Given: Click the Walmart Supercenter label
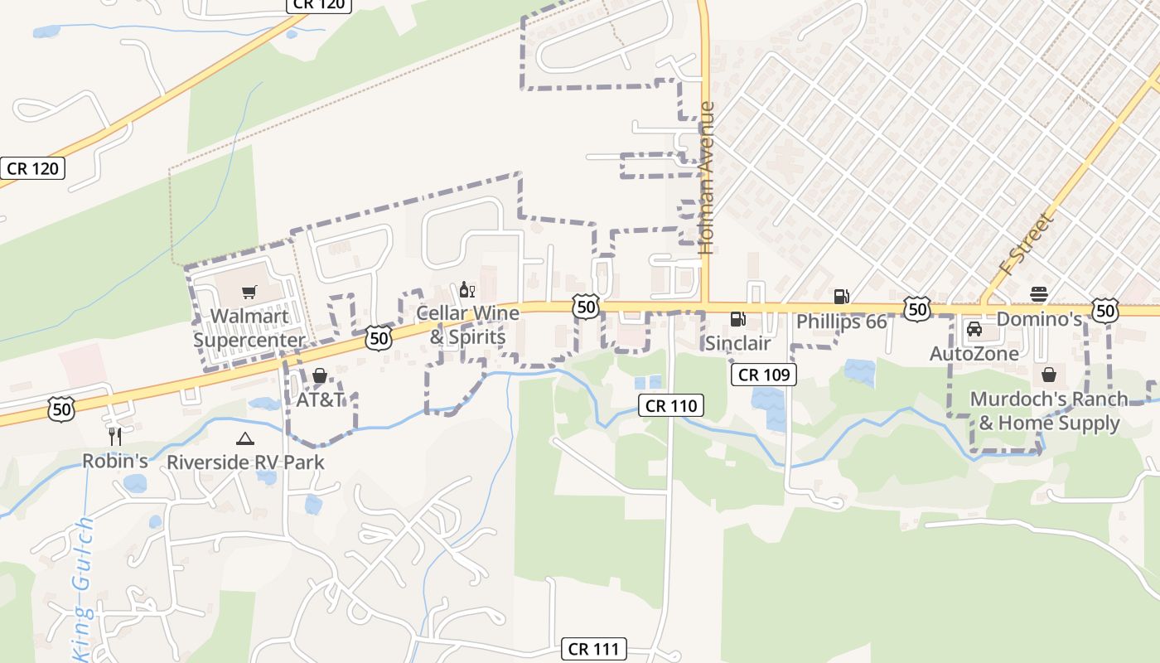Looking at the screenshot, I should [x=249, y=327].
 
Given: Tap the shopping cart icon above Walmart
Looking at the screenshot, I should [x=249, y=292].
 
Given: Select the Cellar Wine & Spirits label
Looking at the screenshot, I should [x=467, y=325].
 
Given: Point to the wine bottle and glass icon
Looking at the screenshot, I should [x=467, y=290].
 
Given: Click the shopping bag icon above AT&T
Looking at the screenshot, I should [x=320, y=376].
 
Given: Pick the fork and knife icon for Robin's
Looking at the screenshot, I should [x=115, y=436].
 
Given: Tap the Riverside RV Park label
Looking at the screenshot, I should [x=245, y=462].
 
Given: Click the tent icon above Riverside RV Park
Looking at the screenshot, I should [x=244, y=438].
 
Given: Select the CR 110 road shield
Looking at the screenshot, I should [x=671, y=405].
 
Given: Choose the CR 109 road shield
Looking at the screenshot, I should [x=764, y=375].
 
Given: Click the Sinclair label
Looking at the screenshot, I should [x=737, y=343].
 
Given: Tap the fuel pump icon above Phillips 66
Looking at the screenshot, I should [x=841, y=296].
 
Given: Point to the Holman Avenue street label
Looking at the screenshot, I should [x=706, y=177].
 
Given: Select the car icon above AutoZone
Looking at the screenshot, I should [x=974, y=329].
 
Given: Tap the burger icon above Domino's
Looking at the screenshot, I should [x=1039, y=294].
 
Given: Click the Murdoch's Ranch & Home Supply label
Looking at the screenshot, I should [x=1049, y=411].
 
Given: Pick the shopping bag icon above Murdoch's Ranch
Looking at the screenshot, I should [x=1049, y=375].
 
